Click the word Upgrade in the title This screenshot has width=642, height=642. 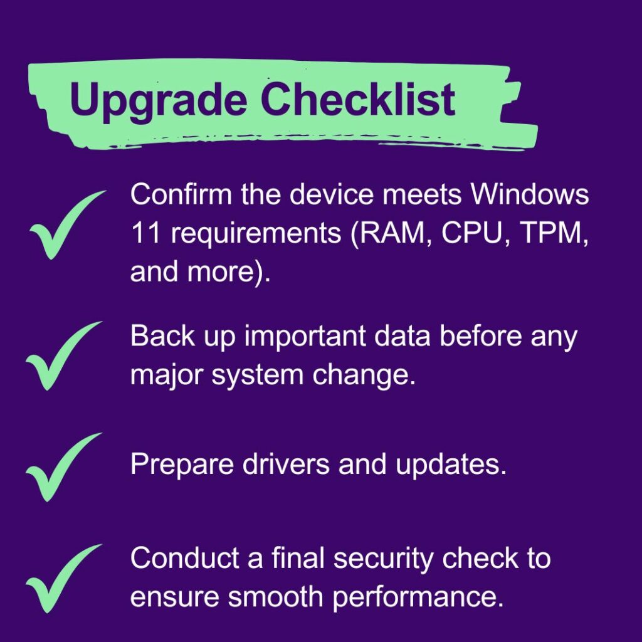tap(158, 100)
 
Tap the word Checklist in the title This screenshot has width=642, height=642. tap(357, 98)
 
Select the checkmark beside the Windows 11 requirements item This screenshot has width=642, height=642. tap(68, 224)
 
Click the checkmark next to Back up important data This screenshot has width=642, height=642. tap(64, 355)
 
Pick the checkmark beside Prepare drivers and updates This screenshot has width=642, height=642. tap(64, 467)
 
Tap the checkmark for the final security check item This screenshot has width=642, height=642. tap(64, 579)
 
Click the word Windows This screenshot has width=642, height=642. tap(530, 194)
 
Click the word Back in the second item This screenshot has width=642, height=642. tap(162, 336)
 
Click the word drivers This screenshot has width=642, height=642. tap(286, 463)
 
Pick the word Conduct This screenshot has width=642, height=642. tap(185, 557)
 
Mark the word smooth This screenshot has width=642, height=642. tap(275, 596)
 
